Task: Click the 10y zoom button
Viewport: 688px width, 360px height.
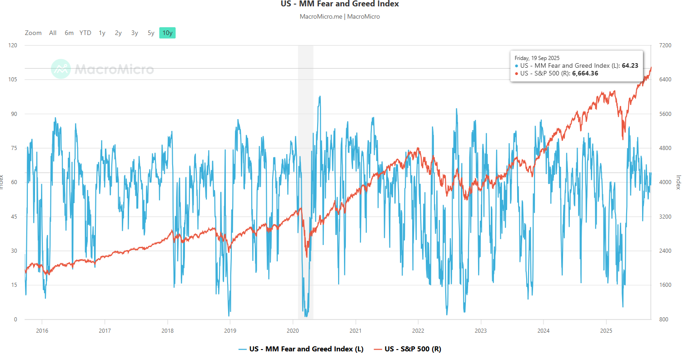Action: [167, 33]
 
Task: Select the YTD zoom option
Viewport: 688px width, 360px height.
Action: [85, 33]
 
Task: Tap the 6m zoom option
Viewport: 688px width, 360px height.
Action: [69, 33]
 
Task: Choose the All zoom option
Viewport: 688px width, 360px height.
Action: [53, 33]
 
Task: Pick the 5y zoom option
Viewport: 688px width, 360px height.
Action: [151, 33]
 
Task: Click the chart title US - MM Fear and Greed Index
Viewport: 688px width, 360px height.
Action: [339, 4]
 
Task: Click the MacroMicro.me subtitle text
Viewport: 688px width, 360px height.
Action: [321, 16]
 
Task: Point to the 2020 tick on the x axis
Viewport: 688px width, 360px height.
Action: [293, 330]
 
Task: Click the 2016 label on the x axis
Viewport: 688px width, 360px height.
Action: [42, 330]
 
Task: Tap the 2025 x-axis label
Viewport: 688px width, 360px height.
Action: [606, 330]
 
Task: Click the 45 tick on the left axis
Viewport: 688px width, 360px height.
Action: [14, 217]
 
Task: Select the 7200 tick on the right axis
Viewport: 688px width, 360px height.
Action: [665, 45]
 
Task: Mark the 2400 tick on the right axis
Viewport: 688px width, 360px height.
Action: [665, 251]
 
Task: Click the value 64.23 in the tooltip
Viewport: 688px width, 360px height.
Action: [630, 65]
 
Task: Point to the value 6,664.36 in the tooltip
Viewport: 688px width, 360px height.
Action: [585, 73]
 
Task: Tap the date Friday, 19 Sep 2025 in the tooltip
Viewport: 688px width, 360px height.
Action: [537, 58]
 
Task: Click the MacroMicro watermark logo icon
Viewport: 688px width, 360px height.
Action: [61, 69]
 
